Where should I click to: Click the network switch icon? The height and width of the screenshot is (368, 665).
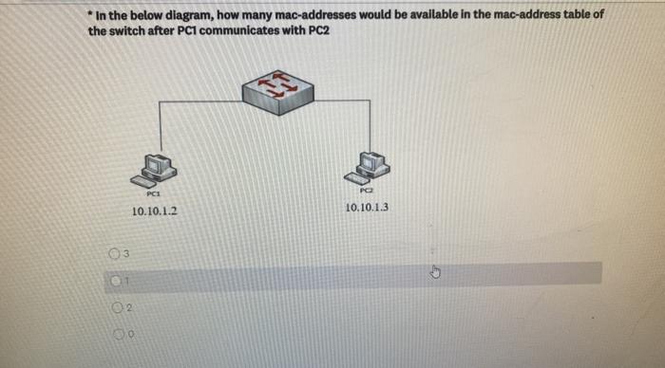pyautogui.click(x=280, y=91)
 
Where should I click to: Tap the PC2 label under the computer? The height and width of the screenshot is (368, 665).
pyautogui.click(x=367, y=191)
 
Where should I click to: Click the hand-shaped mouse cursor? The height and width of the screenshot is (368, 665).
pyautogui.click(x=436, y=272)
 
